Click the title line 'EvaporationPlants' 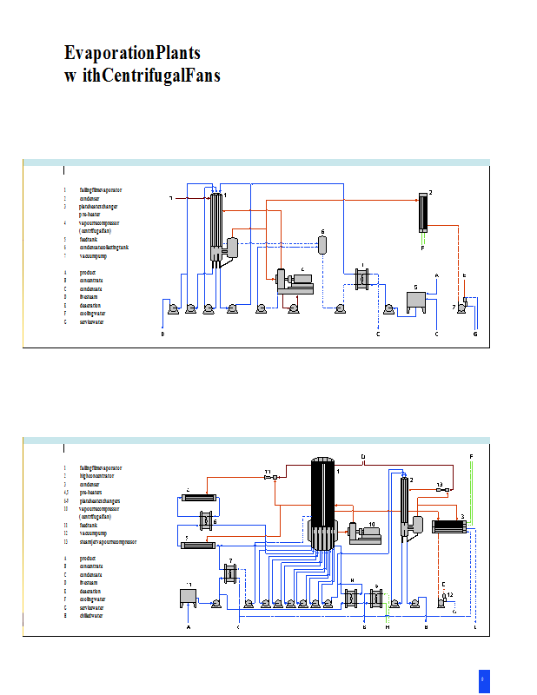pyautogui.click(x=132, y=53)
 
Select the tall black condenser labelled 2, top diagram pyautogui.click(x=423, y=212)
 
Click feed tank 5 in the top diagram pyautogui.click(x=416, y=301)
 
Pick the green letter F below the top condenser pyautogui.click(x=423, y=248)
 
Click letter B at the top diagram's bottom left pyautogui.click(x=162, y=334)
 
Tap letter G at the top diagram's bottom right pyautogui.click(x=475, y=334)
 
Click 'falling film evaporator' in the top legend pyautogui.click(x=101, y=189)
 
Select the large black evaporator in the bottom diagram pyautogui.click(x=323, y=504)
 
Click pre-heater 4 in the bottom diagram pyautogui.click(x=200, y=497)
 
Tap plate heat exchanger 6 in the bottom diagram pyautogui.click(x=206, y=521)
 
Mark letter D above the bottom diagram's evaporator pyautogui.click(x=362, y=457)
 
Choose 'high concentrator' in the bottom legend pyautogui.click(x=96, y=476)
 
